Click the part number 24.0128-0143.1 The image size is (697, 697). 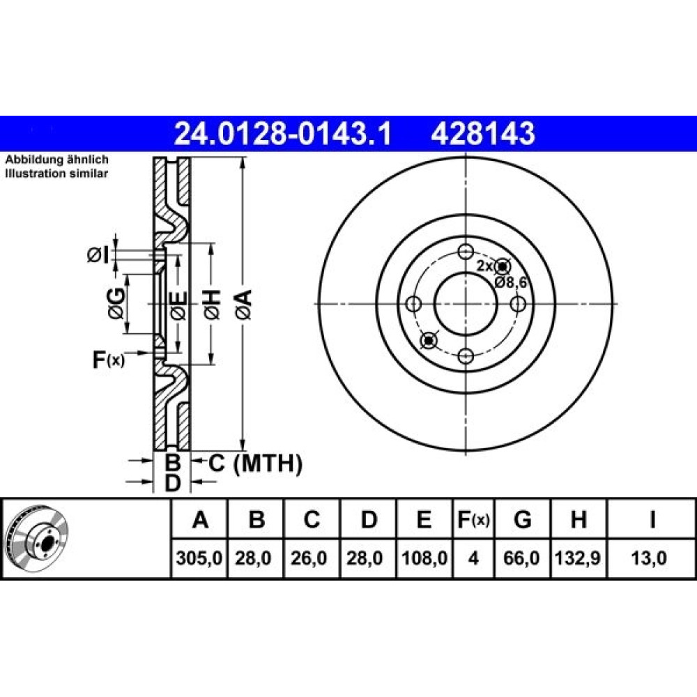(x=283, y=133)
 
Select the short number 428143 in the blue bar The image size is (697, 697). (x=483, y=133)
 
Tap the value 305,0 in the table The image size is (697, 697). (x=199, y=558)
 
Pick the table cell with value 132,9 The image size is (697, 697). (x=578, y=558)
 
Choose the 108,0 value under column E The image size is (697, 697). (x=424, y=558)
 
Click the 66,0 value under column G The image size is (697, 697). (x=523, y=558)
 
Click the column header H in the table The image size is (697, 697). (x=579, y=519)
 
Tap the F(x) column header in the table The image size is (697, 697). (x=473, y=519)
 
